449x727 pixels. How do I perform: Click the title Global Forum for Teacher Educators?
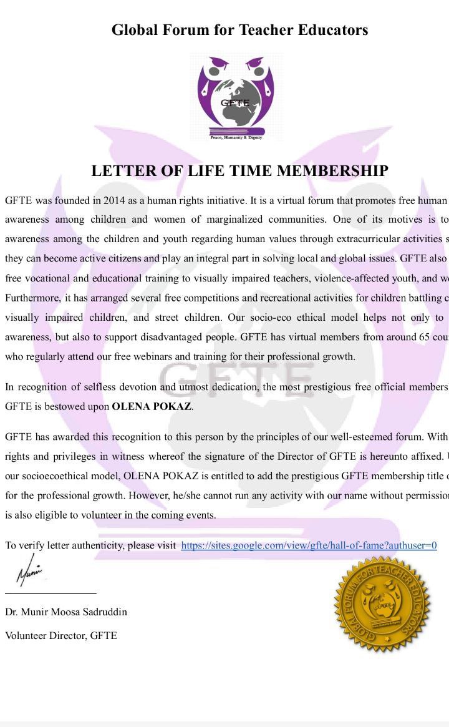pos(239,30)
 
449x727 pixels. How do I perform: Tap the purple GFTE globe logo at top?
pos(236,94)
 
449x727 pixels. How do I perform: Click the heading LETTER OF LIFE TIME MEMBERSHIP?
pos(239,171)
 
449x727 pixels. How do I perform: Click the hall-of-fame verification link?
pos(309,545)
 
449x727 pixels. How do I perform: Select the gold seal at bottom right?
pos(382,603)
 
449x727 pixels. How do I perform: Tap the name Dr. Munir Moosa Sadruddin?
pos(66,612)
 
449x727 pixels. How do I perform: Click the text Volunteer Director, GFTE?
pos(61,635)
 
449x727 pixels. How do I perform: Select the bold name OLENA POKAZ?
pos(152,406)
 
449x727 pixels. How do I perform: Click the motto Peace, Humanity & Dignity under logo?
pos(236,137)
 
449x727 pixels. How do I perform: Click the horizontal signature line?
pos(51,593)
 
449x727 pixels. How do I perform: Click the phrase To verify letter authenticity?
pos(64,545)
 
